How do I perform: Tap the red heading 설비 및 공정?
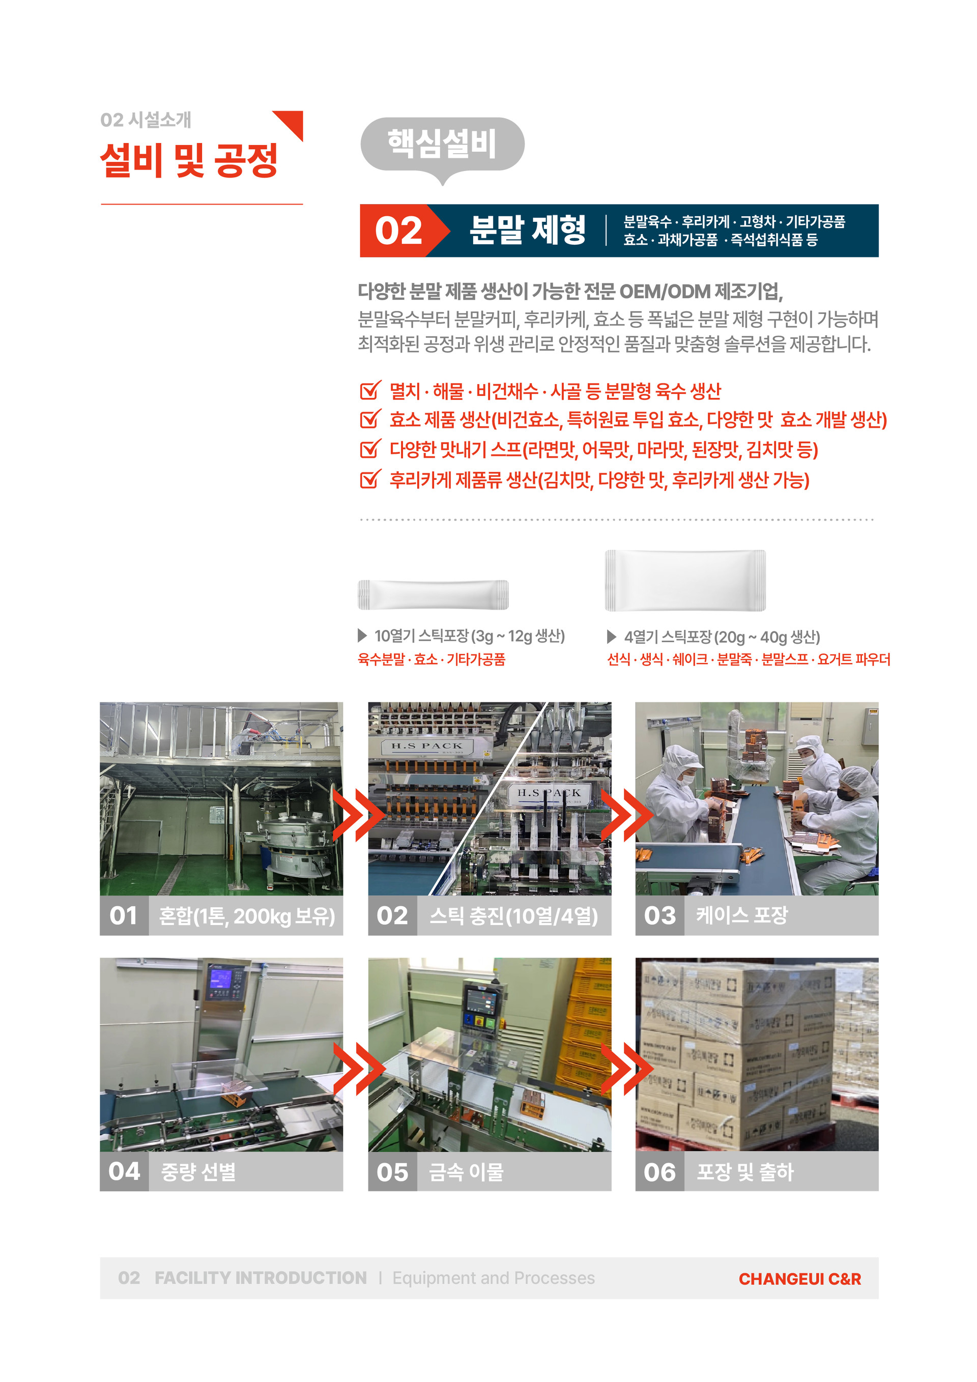pos(189,161)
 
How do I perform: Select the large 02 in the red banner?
pos(398,231)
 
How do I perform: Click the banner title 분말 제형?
pos(527,230)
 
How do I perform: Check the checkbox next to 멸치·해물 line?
pos(370,391)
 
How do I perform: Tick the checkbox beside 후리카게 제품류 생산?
pos(370,480)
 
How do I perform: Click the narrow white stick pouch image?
pos(433,595)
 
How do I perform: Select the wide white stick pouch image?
pos(685,580)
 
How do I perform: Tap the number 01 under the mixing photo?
pos(124,915)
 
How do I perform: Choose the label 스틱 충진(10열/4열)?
pos(513,916)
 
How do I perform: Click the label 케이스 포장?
pos(741,915)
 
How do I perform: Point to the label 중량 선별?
pos(198,1171)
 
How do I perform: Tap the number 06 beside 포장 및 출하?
pos(660,1172)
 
